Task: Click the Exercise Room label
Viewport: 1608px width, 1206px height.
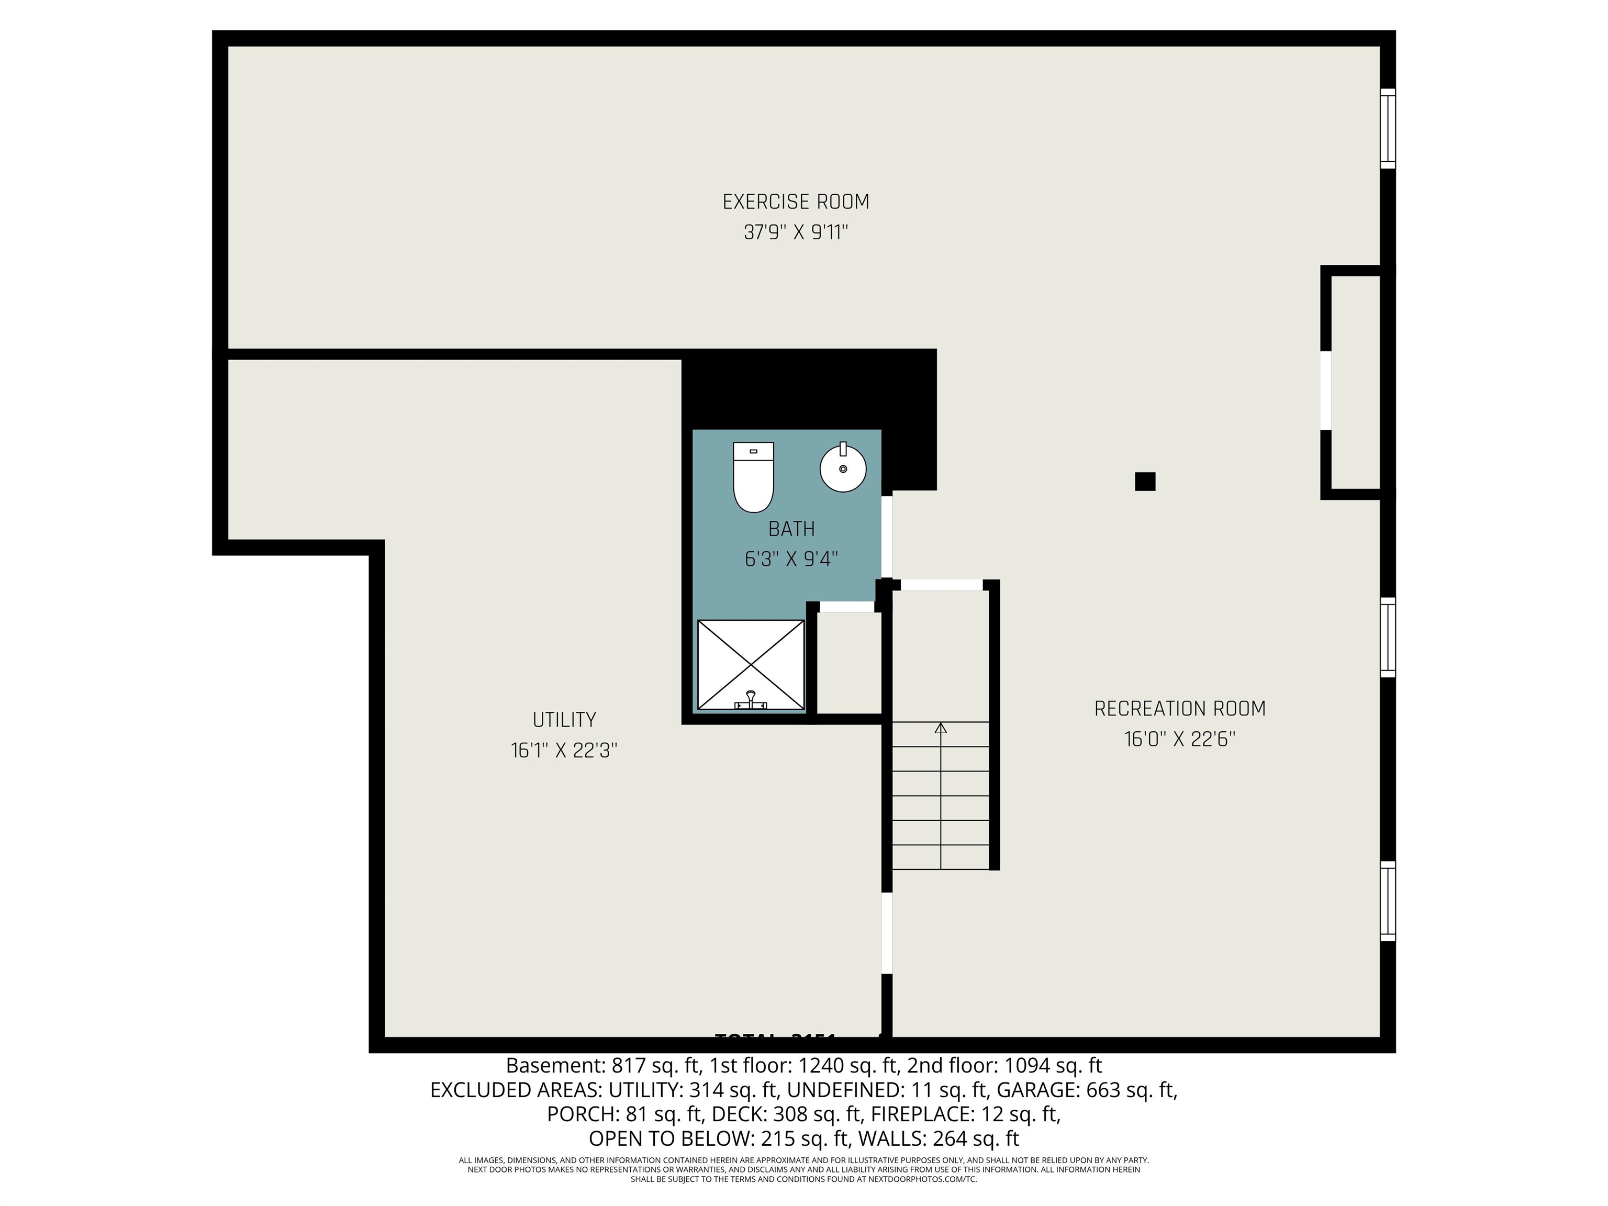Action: coord(795,202)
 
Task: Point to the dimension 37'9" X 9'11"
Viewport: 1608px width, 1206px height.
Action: coord(795,232)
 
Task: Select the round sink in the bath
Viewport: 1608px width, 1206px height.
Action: coord(843,467)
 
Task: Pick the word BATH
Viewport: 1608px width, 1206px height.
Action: coord(791,529)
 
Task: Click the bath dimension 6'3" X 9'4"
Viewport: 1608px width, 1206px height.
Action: coord(791,559)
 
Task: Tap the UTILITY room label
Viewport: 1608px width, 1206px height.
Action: coord(564,720)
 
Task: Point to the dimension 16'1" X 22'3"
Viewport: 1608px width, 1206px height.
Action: coord(564,750)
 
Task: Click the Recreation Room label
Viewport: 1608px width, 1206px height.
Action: coord(1180,708)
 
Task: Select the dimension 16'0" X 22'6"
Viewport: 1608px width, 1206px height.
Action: coord(1180,739)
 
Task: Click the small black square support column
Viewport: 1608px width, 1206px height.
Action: coord(1145,481)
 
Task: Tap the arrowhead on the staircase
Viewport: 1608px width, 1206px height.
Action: coord(941,728)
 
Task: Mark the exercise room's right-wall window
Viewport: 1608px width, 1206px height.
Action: coord(1387,129)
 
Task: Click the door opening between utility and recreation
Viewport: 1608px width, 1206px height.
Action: coord(887,933)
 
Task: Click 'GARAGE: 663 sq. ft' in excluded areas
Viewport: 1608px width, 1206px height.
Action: coord(1086,1090)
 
